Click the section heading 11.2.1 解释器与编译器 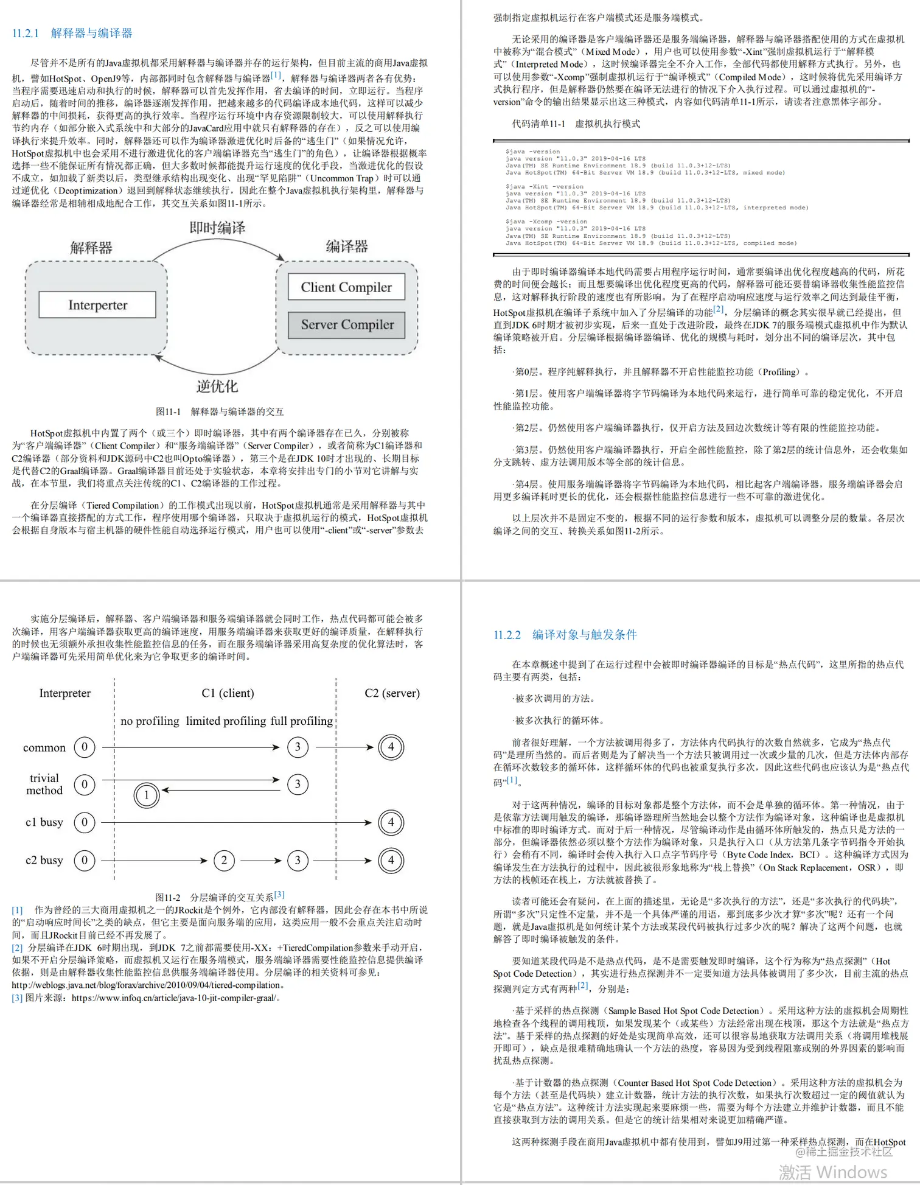click(x=72, y=33)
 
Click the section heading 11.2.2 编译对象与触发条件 click(x=565, y=635)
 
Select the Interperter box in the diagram click(x=97, y=305)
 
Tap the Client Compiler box click(x=346, y=287)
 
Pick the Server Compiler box click(x=347, y=324)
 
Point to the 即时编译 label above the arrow click(x=217, y=228)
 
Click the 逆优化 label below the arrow click(x=217, y=386)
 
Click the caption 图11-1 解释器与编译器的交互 click(x=220, y=411)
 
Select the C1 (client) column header click(x=228, y=693)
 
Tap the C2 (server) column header click(x=392, y=693)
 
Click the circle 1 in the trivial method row click(x=146, y=795)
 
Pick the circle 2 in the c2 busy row click(x=224, y=860)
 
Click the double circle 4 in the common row click(x=391, y=747)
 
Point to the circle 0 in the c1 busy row click(x=85, y=822)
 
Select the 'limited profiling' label click(x=226, y=721)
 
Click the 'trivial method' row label click(x=44, y=784)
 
